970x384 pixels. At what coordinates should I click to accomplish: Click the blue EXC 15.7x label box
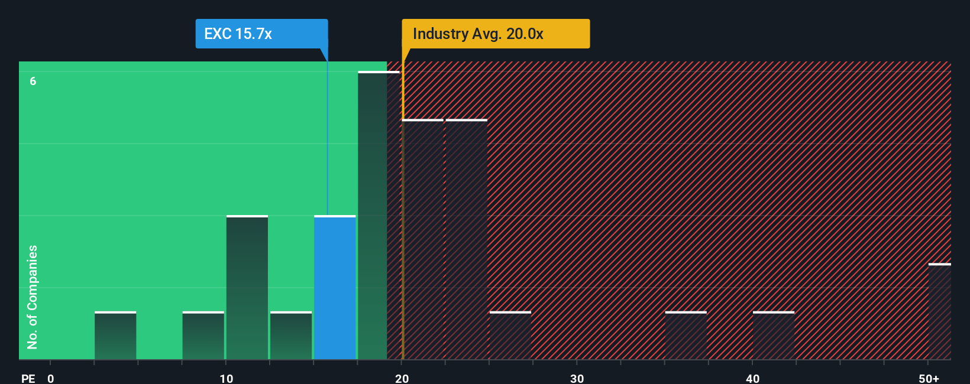[261, 34]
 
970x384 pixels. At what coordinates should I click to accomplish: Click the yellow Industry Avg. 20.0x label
[496, 34]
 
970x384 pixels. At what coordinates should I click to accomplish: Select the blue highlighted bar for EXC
[335, 288]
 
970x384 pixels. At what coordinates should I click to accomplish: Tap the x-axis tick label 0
[51, 378]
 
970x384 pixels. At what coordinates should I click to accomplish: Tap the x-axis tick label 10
[226, 378]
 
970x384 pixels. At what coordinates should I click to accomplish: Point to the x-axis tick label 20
[402, 378]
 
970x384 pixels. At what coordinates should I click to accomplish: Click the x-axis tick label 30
[577, 378]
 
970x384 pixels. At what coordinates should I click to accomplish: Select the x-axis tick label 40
[752, 378]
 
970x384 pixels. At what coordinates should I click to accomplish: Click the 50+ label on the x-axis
[929, 378]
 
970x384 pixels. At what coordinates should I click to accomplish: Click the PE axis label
[28, 378]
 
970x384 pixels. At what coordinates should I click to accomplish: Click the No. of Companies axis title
[33, 297]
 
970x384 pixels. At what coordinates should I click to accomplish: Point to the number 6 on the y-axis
[33, 82]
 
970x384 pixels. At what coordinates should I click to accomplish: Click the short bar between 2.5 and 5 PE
[115, 336]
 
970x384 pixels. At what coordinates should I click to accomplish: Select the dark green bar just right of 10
[247, 288]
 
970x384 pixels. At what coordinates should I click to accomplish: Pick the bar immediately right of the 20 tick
[423, 239]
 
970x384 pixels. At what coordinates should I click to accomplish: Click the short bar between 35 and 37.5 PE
[686, 336]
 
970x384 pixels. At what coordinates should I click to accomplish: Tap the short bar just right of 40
[773, 336]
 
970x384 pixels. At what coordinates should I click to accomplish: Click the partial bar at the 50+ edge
[939, 311]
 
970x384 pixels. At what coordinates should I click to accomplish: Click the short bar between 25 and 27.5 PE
[510, 336]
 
